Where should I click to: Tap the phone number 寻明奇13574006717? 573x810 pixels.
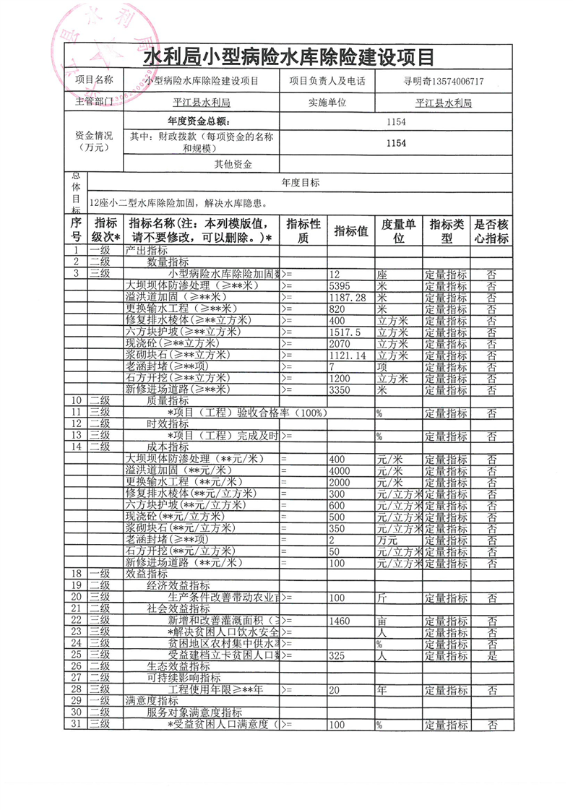[443, 82]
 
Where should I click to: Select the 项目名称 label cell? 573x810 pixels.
[95, 81]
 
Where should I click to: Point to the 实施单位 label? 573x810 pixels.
[326, 103]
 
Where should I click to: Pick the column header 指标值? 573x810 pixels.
[351, 231]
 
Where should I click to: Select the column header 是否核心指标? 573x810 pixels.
[491, 231]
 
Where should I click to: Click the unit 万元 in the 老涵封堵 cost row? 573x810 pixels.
[387, 540]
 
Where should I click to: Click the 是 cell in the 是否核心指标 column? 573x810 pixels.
[491, 655]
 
